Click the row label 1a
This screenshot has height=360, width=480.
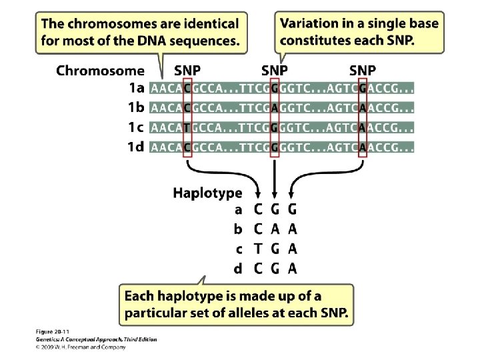coord(136,87)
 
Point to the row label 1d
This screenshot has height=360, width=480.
coord(136,147)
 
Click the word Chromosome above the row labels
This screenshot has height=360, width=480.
coord(100,70)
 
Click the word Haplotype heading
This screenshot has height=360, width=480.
coord(207,193)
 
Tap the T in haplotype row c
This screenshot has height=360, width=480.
coord(259,249)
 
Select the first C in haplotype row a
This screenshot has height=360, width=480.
coord(259,209)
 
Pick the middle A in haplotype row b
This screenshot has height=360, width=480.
coord(275,229)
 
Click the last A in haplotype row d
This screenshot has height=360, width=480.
coord(292,269)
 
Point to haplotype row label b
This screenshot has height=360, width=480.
coord(238,229)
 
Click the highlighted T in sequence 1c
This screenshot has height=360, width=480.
coord(187,127)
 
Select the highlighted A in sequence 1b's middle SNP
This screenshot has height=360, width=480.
coord(275,107)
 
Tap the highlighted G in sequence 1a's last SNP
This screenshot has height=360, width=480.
coord(362,87)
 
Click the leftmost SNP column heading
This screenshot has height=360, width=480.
coord(187,70)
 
